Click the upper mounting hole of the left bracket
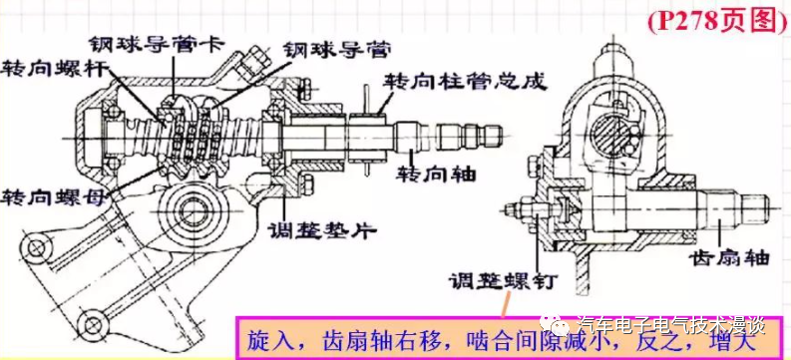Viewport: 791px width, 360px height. [38, 244]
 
